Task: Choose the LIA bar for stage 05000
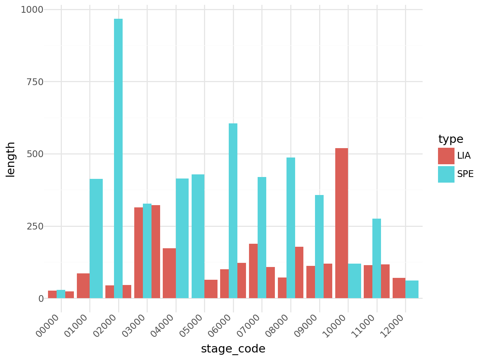(211, 289)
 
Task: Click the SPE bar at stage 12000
(412, 289)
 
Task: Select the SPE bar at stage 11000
(376, 258)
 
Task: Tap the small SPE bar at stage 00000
(61, 294)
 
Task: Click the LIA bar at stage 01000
(83, 286)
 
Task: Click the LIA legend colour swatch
(446, 156)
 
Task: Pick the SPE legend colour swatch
(446, 174)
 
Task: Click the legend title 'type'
(450, 139)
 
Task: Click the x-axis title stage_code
(233, 349)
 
